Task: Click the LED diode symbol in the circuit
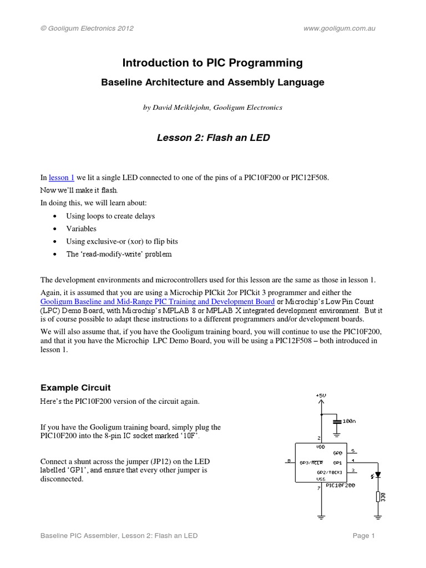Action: [x=378, y=475]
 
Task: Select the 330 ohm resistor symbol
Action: [x=378, y=496]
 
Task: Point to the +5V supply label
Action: [x=321, y=395]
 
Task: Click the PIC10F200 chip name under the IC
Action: [x=341, y=485]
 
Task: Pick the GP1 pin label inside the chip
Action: [x=337, y=461]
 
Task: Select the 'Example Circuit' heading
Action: [x=76, y=387]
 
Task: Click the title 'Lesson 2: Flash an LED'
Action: [x=213, y=137]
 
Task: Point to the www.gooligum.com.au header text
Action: [x=340, y=28]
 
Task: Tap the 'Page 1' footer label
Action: [x=364, y=536]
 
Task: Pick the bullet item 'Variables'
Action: [x=81, y=229]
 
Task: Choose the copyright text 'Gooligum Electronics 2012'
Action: [x=90, y=28]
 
